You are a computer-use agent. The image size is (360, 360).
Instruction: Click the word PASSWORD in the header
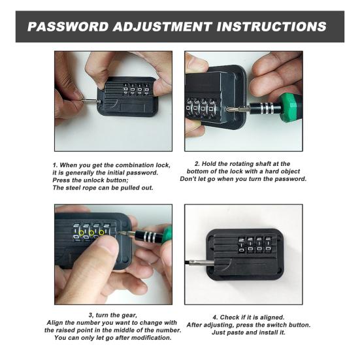(68, 26)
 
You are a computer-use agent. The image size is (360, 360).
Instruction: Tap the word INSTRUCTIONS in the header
(272, 26)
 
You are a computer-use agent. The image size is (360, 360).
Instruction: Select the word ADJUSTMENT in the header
(163, 26)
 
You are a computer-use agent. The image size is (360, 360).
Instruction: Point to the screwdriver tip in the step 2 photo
(227, 109)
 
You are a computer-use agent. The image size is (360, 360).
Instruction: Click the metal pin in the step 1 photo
(91, 101)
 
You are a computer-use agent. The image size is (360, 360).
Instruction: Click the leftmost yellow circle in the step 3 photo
(81, 233)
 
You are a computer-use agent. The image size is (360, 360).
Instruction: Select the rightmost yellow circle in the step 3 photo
(101, 233)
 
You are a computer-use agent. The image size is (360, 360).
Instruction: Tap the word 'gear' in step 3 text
(129, 316)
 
